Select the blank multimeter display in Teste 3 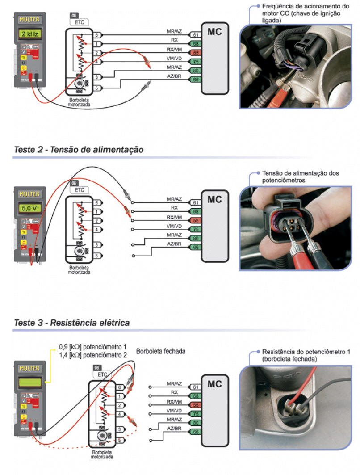[29, 382]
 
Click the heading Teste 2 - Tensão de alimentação [79, 150]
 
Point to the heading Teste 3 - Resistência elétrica [72, 322]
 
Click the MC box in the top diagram [214, 32]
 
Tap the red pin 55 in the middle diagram [195, 221]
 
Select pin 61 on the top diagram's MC [195, 35]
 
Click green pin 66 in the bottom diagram [195, 432]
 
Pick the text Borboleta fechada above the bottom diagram [161, 351]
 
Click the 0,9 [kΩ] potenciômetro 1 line [93, 347]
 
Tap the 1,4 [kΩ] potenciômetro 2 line [93, 354]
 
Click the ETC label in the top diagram [80, 22]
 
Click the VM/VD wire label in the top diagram [174, 58]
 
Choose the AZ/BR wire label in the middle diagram [174, 244]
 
